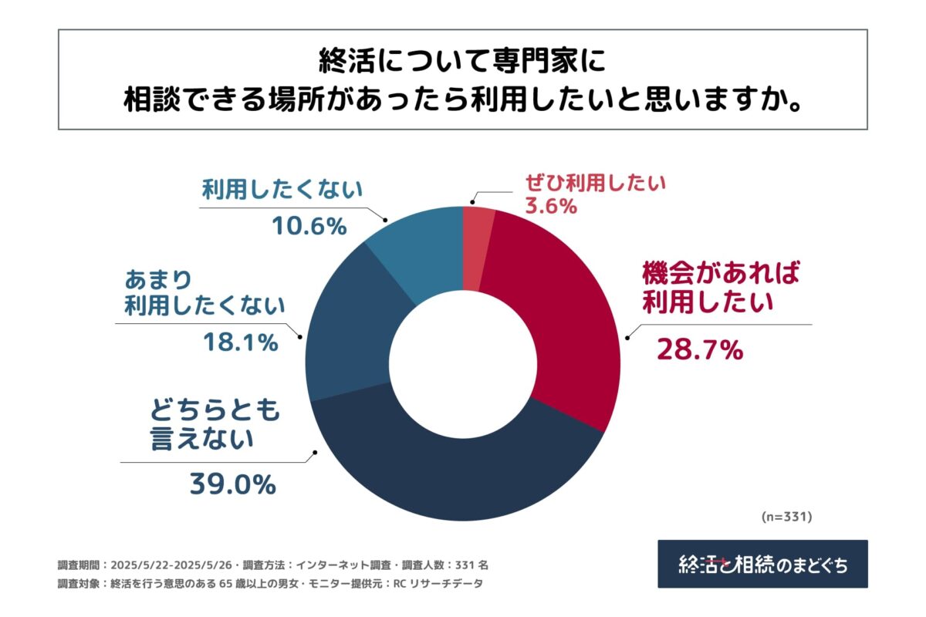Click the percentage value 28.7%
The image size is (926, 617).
(x=699, y=350)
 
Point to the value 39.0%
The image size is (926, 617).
(x=232, y=484)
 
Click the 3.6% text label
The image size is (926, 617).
(x=549, y=206)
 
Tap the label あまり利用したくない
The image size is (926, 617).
(x=204, y=292)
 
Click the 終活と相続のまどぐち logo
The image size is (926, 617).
(x=762, y=564)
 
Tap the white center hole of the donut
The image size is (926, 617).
(x=462, y=363)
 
